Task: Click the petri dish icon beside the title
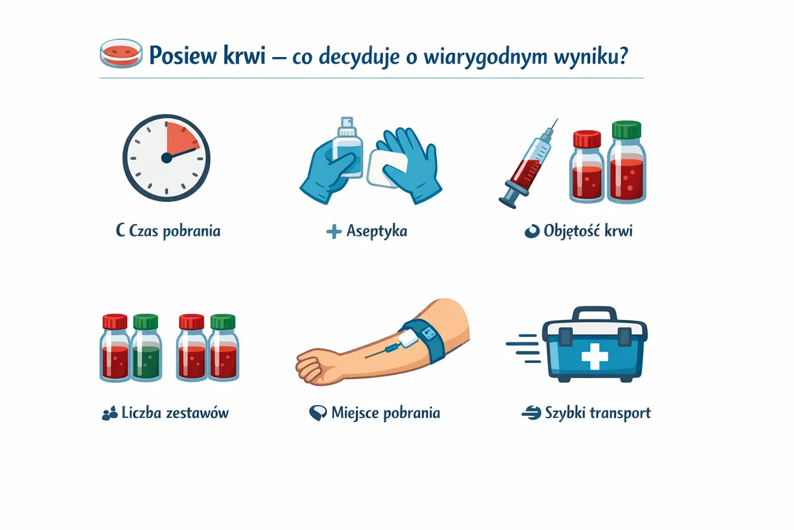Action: coord(121,53)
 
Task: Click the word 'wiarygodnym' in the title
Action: coord(485,57)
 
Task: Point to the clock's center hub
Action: coord(166,158)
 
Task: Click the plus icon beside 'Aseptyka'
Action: coord(333,231)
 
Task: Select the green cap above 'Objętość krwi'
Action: coord(627,130)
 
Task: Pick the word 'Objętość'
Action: coord(572,231)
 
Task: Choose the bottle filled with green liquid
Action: coord(146,347)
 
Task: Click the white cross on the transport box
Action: coord(595,356)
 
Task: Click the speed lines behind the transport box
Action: coord(523,348)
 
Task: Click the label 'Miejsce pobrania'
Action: coord(386,413)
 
